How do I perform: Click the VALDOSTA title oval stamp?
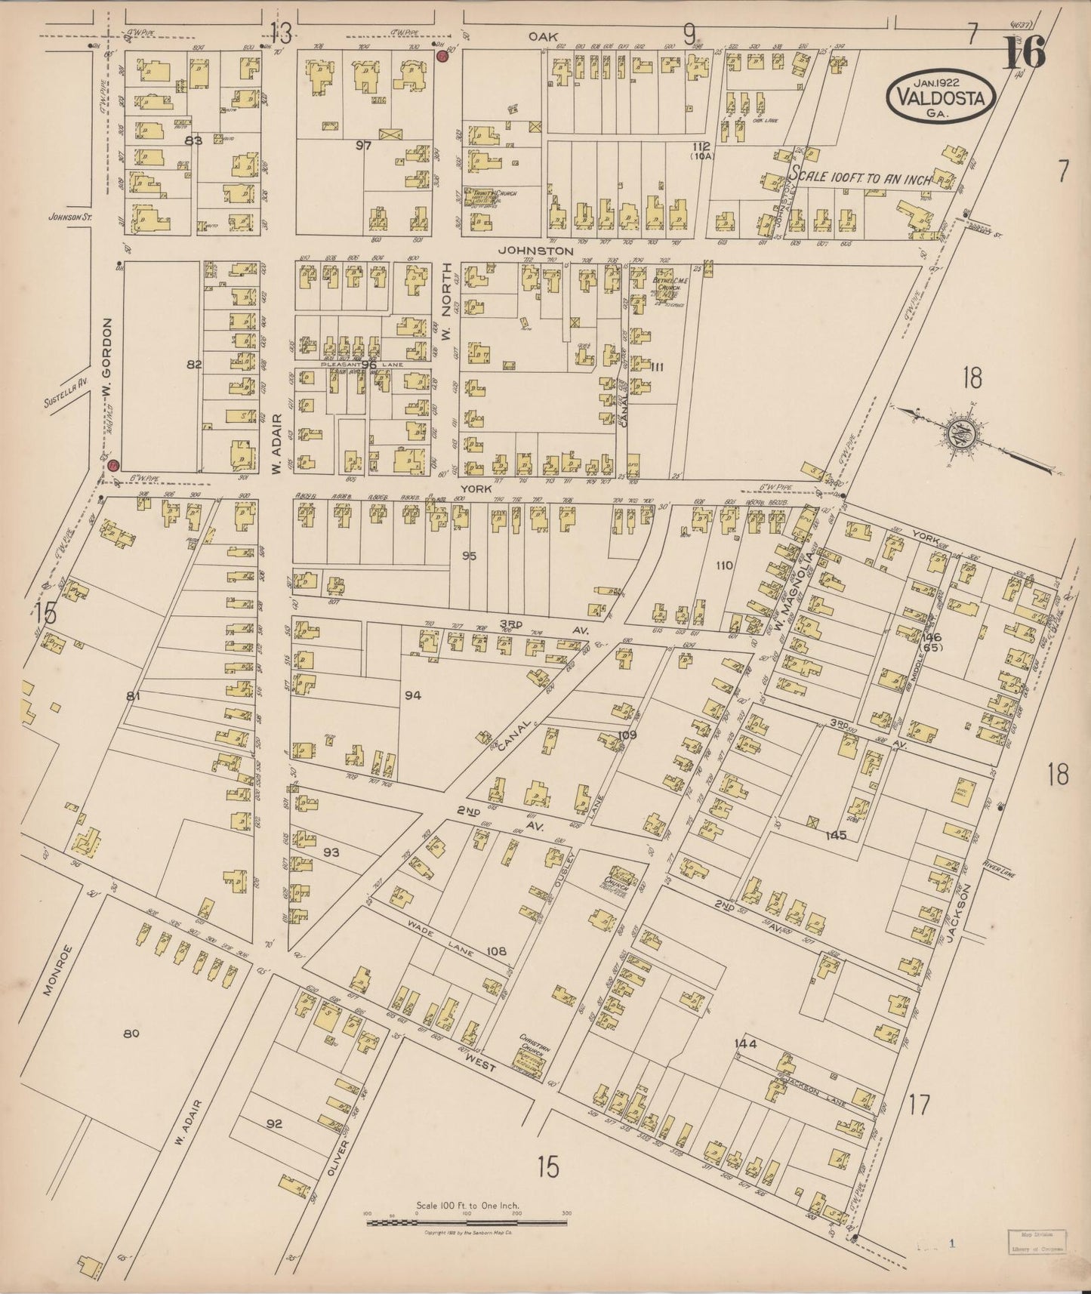[941, 96]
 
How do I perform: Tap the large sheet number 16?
[1024, 54]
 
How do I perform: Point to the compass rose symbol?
[954, 432]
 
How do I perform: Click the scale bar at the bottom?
[467, 1221]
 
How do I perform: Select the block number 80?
[132, 1034]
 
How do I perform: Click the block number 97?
[364, 146]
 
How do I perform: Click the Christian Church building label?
[533, 1049]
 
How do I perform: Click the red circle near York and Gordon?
[113, 466]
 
